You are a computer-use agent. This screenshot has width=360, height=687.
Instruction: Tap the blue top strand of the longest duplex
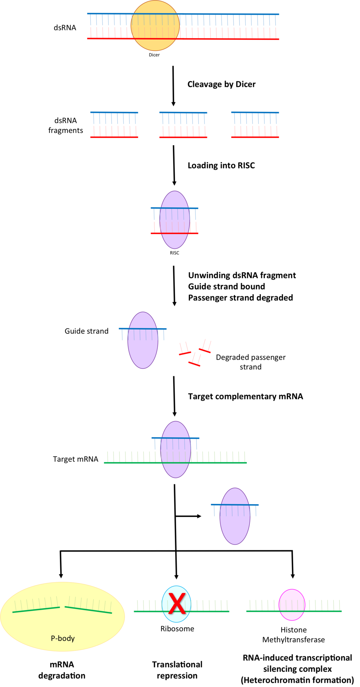click(x=229, y=14)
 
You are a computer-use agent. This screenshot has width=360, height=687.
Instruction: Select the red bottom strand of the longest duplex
click(x=229, y=39)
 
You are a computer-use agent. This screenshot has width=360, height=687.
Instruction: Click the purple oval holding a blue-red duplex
click(x=175, y=243)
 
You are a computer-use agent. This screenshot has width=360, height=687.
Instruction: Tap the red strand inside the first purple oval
click(x=174, y=233)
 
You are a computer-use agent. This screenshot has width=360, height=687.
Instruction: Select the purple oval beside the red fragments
click(x=143, y=355)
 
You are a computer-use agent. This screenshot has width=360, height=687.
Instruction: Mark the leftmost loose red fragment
click(x=185, y=353)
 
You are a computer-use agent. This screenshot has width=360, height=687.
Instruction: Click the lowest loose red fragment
click(x=194, y=364)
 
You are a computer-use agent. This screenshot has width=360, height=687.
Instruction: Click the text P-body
click(x=63, y=638)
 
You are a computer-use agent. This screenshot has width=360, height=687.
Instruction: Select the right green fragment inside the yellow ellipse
click(x=88, y=610)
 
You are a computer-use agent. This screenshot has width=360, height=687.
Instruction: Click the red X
click(x=176, y=603)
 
